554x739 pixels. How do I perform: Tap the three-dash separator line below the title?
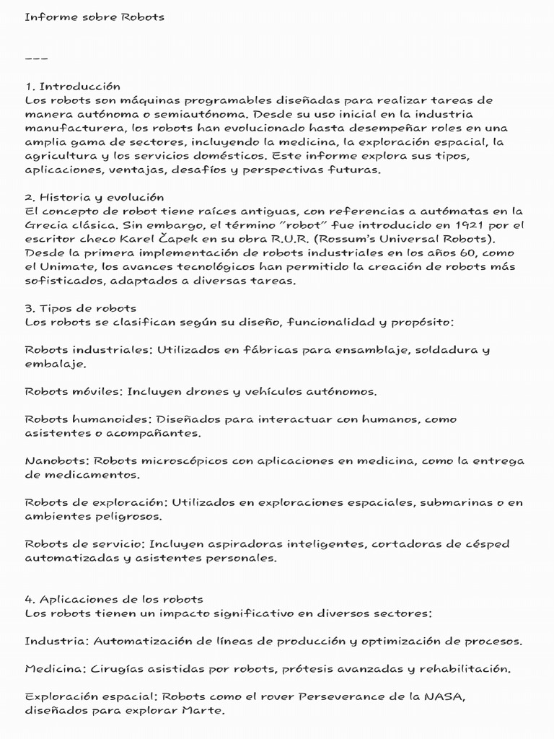tap(37, 58)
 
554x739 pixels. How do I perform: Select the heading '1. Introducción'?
tap(72, 87)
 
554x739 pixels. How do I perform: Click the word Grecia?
tap(45, 224)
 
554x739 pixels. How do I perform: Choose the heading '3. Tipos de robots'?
tap(80, 308)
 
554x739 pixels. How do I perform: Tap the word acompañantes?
tap(157, 434)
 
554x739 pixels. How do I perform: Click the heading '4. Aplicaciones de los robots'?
tap(113, 600)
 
